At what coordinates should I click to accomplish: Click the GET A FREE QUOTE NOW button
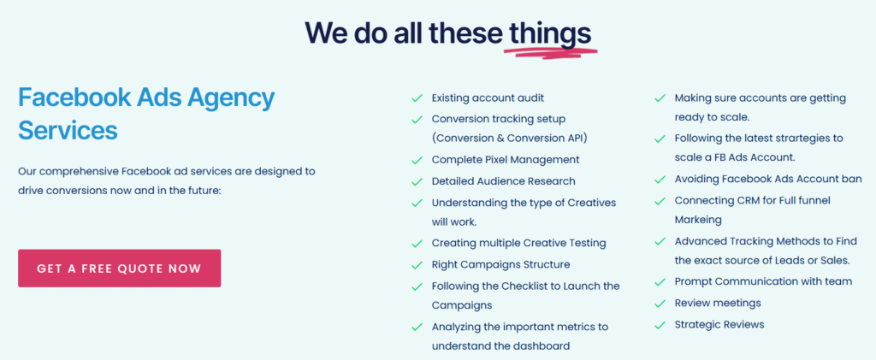coord(119,269)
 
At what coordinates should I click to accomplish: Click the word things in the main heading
coord(550,33)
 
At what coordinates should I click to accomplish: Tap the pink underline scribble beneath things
coord(551,52)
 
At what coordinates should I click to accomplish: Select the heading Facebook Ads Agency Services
coord(146,115)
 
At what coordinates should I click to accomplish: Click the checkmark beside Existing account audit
coord(417,98)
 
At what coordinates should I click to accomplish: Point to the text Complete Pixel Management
coord(506,160)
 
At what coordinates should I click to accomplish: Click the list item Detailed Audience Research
coord(503,181)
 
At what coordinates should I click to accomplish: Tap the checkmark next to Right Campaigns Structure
coord(417,265)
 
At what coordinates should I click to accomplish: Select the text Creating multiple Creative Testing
coord(519,244)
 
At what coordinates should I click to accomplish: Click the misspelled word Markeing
coord(698,220)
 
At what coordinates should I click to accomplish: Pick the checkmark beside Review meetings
coord(660,304)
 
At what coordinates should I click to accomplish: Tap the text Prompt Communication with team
coord(764,281)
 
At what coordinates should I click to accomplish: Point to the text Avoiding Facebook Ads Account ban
coord(768,180)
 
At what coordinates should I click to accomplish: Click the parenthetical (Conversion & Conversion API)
coord(510,138)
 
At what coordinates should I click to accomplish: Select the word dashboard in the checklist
coord(541,346)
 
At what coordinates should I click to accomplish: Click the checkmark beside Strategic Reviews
coord(660,325)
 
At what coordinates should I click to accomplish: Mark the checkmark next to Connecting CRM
coord(660,200)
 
